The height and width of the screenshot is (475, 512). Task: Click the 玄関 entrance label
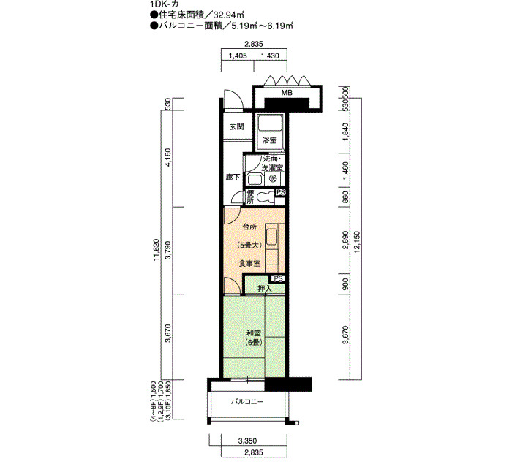[237, 126]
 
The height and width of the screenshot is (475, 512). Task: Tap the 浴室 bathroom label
[270, 140]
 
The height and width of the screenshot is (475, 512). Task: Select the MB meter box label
[287, 93]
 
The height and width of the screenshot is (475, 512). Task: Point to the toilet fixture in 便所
[266, 197]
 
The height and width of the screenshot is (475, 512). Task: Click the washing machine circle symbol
[273, 178]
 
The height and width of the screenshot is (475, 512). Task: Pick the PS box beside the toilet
[281, 192]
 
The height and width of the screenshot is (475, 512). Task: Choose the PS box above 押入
[278, 278]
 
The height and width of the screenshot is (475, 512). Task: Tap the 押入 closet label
[265, 289]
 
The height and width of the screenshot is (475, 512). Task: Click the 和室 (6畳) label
[254, 338]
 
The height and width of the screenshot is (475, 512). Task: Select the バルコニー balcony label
[247, 402]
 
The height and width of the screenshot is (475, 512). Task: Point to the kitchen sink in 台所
[271, 237]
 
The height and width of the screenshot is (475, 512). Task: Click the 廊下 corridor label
[233, 177]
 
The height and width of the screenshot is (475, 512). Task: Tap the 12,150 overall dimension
[356, 240]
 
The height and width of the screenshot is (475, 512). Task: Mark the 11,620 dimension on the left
[157, 249]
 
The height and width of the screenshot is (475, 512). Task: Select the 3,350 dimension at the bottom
[247, 441]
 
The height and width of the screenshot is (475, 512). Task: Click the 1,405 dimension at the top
[238, 56]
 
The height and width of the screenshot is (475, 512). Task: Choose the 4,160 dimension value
[167, 158]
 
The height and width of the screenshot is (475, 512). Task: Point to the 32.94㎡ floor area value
[229, 15]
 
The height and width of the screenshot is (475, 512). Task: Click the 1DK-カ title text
[162, 4]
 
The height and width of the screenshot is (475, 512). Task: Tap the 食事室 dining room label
[249, 263]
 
